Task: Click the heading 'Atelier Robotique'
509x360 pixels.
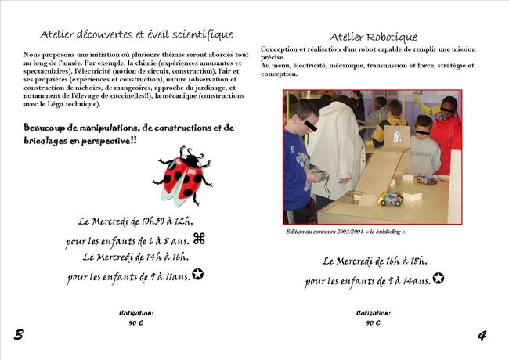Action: click(373, 37)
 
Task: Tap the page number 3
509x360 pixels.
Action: click(19, 335)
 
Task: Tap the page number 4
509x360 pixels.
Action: click(481, 336)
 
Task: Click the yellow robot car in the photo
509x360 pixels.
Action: click(390, 198)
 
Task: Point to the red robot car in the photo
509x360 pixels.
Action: click(426, 180)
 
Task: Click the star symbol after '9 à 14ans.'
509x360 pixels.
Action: click(438, 279)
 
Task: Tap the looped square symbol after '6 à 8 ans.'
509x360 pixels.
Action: click(198, 240)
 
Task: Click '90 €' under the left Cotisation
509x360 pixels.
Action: click(135, 322)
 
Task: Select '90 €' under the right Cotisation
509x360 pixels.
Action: click(373, 322)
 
